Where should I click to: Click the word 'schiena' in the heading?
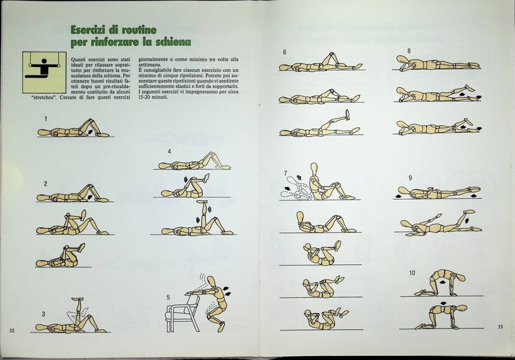click(x=166, y=43)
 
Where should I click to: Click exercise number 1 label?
click(x=46, y=119)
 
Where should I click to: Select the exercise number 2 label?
click(x=46, y=184)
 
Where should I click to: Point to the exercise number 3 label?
click(x=43, y=314)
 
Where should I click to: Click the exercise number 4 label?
click(x=170, y=152)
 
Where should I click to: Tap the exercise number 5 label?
click(x=169, y=297)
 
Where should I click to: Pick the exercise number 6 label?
click(x=285, y=52)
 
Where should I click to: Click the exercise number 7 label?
click(x=285, y=174)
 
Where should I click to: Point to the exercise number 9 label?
click(x=410, y=178)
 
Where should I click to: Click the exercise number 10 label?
click(x=412, y=273)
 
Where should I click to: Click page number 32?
click(x=12, y=330)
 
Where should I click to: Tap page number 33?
click(x=500, y=326)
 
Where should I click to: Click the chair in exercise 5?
click(x=182, y=312)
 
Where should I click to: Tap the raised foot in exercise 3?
click(x=75, y=300)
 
